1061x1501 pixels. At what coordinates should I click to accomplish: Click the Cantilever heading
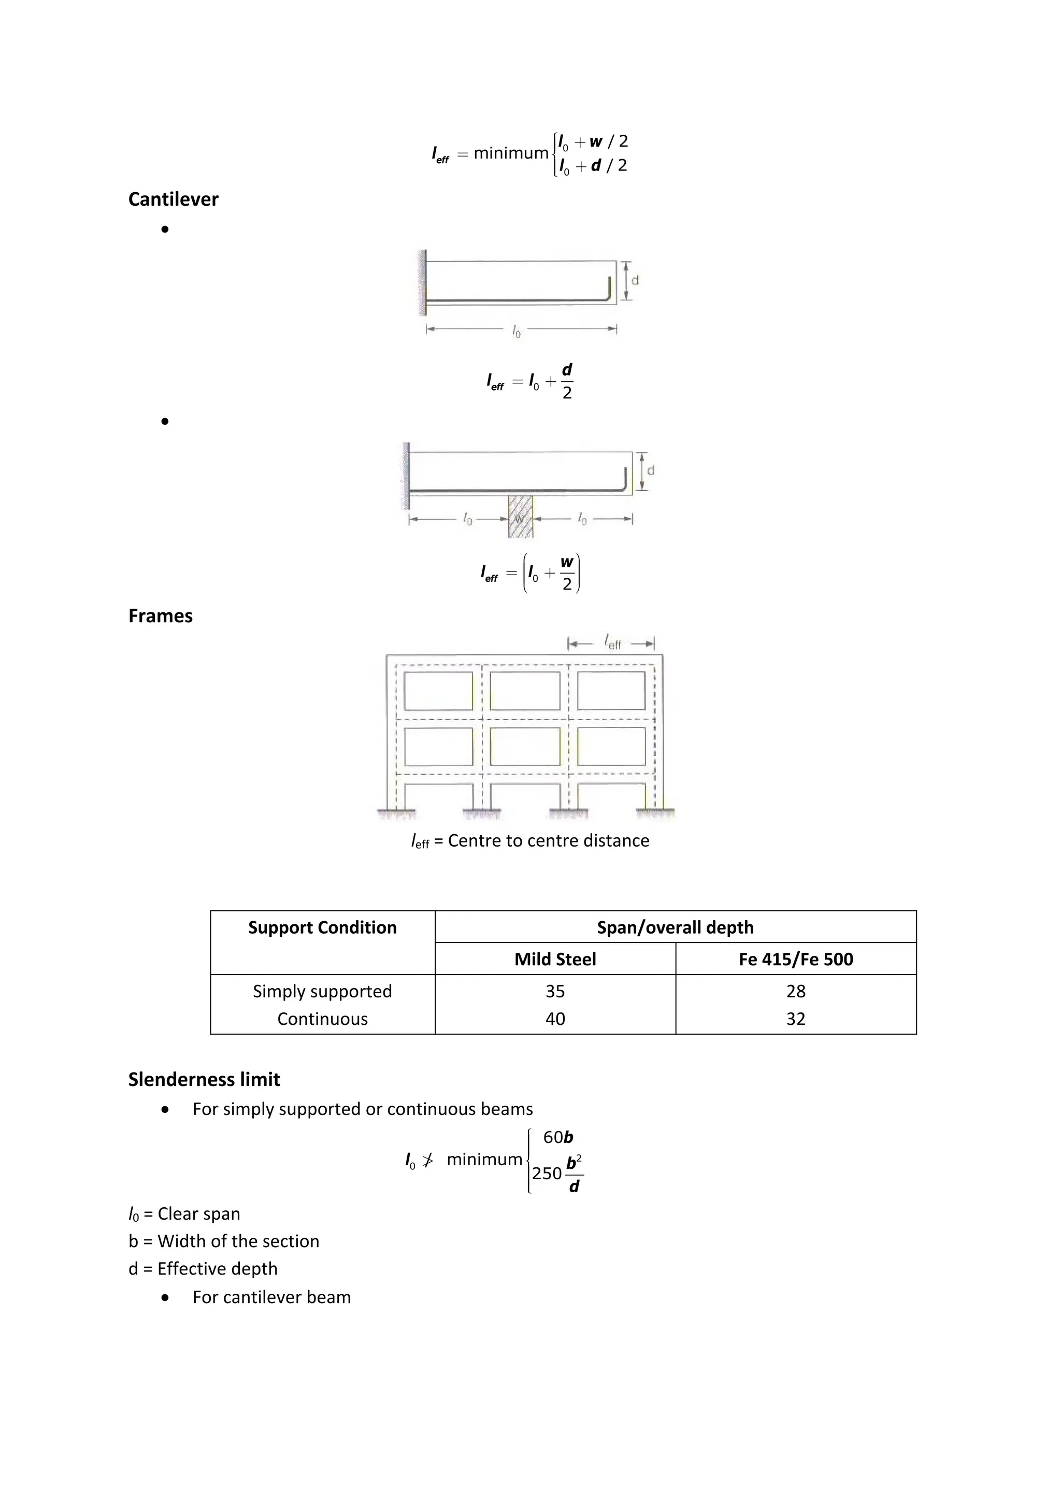point(173,199)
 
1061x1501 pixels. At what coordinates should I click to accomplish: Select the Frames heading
point(160,616)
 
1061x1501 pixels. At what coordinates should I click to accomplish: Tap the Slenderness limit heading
point(204,1079)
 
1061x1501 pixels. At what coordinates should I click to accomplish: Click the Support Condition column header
point(322,927)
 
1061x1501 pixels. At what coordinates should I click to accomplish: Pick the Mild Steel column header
point(555,959)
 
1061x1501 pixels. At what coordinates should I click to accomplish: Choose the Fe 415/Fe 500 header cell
point(796,959)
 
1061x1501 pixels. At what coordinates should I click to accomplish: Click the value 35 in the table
point(555,991)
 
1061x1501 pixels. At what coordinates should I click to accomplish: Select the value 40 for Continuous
point(555,1019)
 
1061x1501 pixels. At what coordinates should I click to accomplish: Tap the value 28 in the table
point(796,991)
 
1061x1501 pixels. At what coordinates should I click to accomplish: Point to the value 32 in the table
point(796,1019)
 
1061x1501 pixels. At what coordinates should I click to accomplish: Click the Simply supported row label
point(322,991)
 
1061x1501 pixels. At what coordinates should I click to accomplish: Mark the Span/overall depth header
point(676,927)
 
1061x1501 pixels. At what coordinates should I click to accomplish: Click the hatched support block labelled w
point(520,517)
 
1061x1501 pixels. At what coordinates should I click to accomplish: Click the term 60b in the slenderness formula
point(557,1137)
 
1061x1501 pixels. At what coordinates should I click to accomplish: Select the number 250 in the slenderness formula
point(547,1174)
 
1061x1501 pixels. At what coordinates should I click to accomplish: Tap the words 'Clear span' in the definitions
point(199,1214)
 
